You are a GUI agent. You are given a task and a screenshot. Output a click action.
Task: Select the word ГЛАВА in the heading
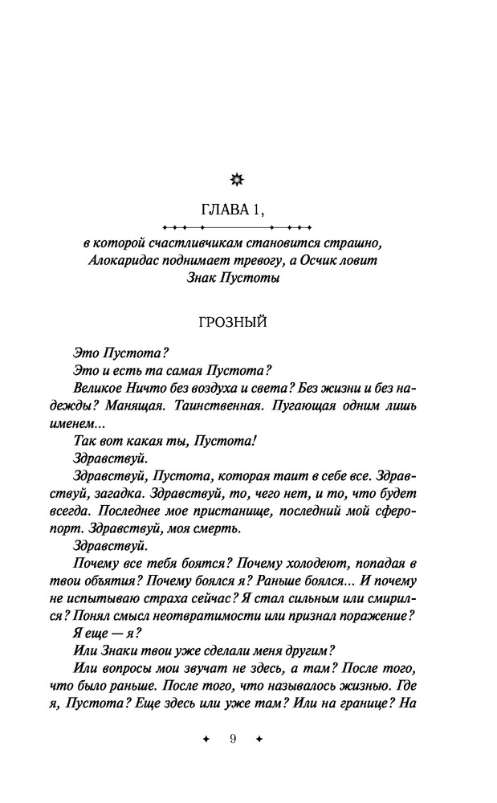226,210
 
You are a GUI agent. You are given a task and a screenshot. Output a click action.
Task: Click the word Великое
98,385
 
